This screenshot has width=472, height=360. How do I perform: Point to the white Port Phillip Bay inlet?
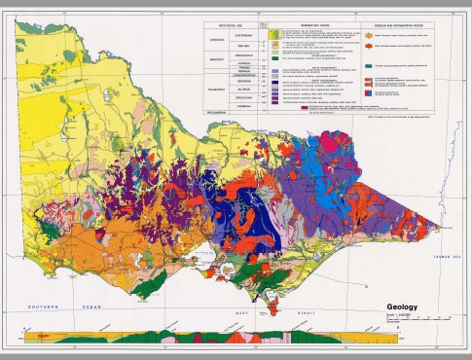[207, 263]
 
